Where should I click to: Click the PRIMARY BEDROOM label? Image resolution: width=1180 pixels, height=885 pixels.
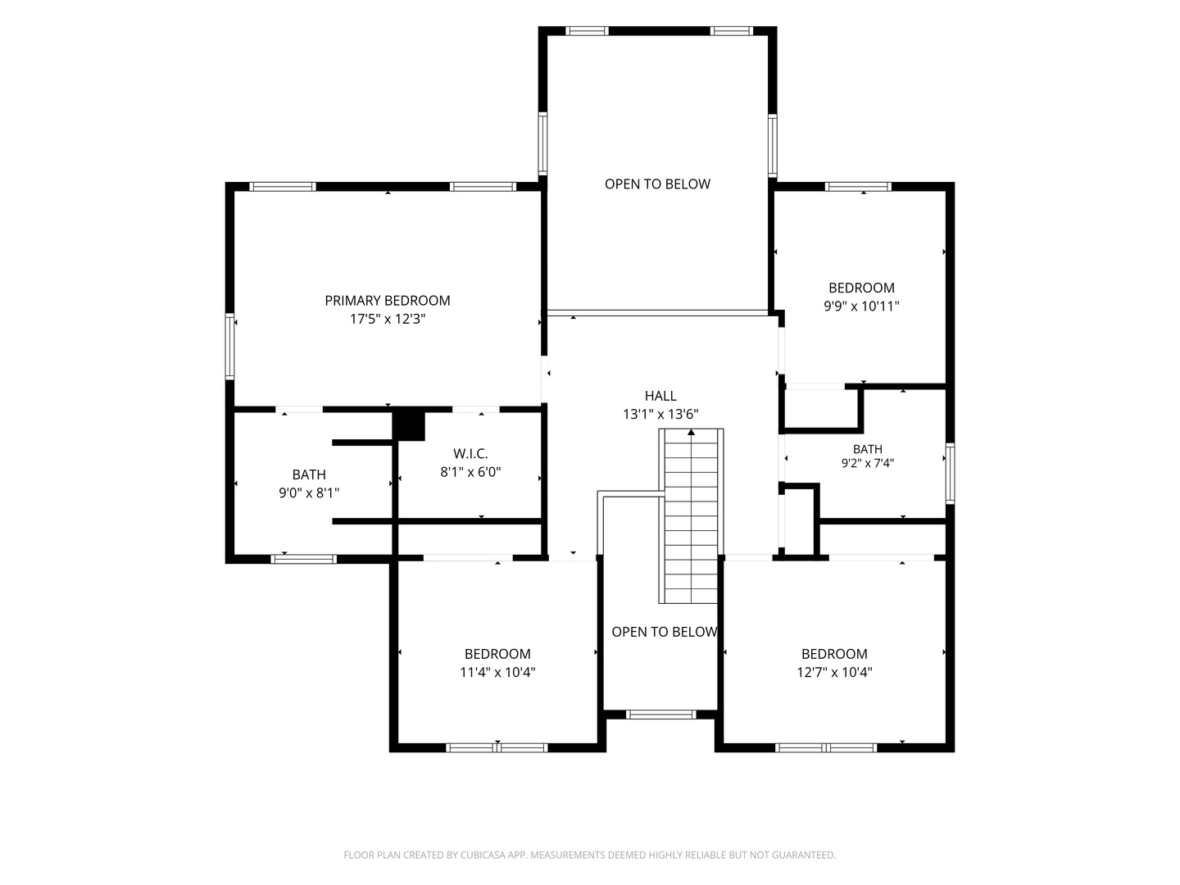(x=387, y=301)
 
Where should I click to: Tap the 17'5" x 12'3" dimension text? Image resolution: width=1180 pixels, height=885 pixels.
(x=388, y=320)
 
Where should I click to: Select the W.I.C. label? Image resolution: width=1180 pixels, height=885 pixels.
(x=470, y=453)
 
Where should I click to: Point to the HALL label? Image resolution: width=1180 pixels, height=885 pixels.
(x=660, y=396)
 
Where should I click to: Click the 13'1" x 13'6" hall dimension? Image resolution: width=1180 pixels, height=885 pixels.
(x=660, y=415)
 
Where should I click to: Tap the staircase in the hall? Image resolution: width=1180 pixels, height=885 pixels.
(x=692, y=516)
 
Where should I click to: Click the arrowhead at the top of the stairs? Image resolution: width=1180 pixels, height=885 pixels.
(x=692, y=432)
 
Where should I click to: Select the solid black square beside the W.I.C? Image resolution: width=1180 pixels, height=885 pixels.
(x=409, y=426)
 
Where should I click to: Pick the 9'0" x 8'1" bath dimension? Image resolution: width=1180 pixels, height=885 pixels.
(x=309, y=492)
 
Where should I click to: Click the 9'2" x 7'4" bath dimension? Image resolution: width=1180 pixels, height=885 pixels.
(x=867, y=463)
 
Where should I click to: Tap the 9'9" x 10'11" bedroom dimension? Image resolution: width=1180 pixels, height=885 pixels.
(x=861, y=306)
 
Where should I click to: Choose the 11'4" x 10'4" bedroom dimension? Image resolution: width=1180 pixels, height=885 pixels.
(x=497, y=672)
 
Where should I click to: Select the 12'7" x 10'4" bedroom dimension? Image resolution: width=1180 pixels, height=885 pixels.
(x=834, y=672)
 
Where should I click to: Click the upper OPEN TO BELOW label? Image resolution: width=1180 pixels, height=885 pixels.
(x=657, y=184)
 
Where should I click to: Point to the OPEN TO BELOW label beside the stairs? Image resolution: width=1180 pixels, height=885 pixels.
(x=665, y=632)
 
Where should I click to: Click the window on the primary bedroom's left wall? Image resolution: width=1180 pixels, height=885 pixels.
(x=229, y=347)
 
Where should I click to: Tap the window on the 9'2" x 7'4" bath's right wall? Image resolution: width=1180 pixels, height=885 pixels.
(x=950, y=474)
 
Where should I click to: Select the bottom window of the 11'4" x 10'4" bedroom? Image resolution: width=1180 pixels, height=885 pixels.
(x=497, y=747)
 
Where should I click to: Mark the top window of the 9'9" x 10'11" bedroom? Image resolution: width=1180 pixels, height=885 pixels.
(x=858, y=187)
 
